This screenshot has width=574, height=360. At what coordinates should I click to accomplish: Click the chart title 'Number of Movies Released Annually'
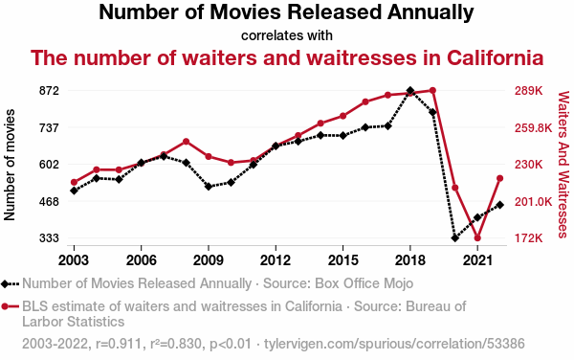(x=286, y=12)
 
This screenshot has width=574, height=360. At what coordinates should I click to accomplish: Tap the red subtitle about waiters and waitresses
(x=287, y=57)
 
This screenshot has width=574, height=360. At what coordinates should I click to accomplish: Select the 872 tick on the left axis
(x=49, y=90)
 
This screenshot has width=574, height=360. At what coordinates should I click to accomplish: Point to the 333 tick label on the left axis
(x=49, y=238)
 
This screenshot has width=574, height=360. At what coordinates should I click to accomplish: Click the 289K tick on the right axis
(x=529, y=90)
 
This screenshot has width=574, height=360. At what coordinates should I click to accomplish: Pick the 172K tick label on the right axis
(x=529, y=238)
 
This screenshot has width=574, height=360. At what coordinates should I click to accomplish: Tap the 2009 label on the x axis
(x=209, y=260)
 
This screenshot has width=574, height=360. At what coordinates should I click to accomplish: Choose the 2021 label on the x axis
(x=477, y=260)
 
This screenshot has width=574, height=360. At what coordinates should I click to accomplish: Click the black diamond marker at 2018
(x=410, y=90)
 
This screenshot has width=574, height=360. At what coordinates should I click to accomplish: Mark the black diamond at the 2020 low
(x=455, y=238)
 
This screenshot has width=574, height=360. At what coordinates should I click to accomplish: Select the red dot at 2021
(x=477, y=238)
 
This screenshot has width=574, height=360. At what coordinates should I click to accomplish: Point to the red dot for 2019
(x=432, y=90)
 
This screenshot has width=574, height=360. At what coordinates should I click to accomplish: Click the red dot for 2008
(x=186, y=142)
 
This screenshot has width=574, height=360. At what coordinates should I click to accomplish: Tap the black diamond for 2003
(x=74, y=191)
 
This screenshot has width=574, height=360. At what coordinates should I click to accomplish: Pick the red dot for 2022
(x=500, y=178)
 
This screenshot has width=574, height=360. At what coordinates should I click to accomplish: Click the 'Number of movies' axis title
(x=10, y=165)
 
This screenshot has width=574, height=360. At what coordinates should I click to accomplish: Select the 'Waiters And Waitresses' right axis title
(x=563, y=165)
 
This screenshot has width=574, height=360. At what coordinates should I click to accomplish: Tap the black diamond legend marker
(x=5, y=283)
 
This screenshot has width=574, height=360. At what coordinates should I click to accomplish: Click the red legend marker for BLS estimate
(x=5, y=306)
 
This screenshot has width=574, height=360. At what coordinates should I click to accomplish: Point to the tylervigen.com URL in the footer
(x=394, y=344)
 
